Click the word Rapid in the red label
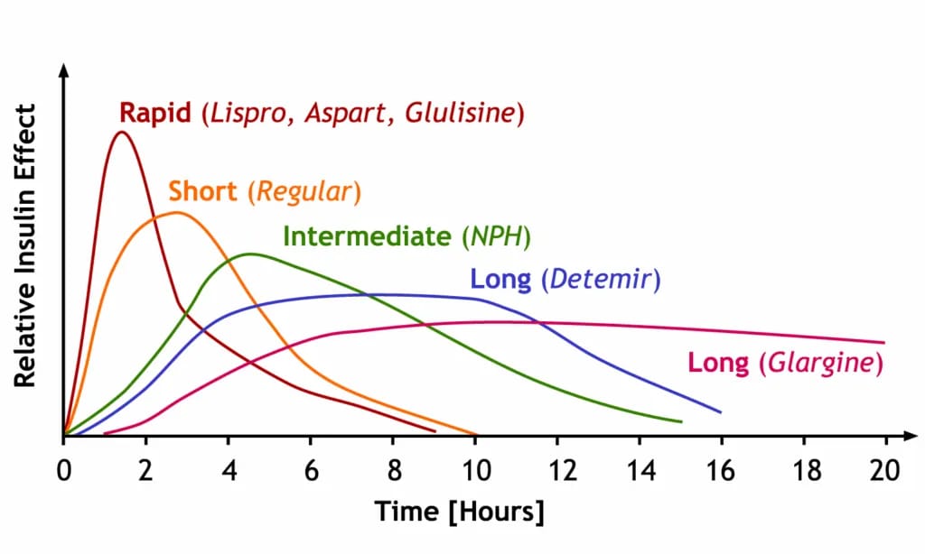[154, 113]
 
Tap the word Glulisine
[462, 114]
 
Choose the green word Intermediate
[366, 236]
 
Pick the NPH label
[495, 236]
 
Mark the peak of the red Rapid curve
[121, 132]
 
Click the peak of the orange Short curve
[175, 213]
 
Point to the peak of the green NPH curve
[248, 254]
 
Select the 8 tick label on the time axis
[393, 471]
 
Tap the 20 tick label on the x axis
[884, 471]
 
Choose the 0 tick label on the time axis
[64, 471]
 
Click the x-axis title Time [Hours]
[460, 512]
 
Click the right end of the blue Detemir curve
[720, 412]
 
